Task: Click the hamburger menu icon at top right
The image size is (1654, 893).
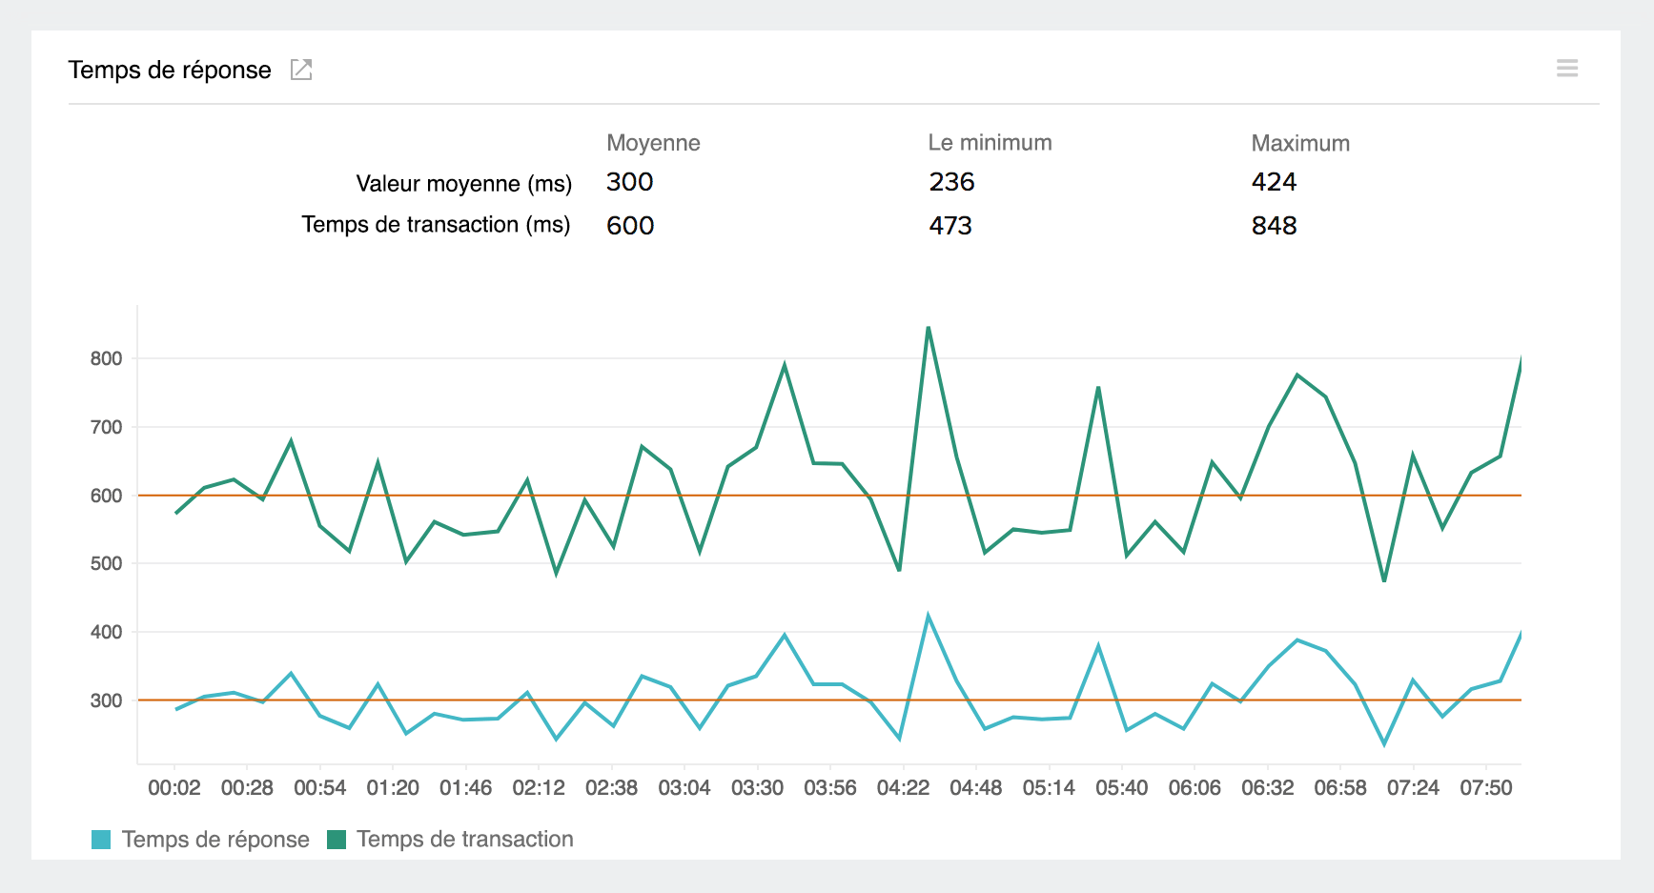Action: click(1567, 69)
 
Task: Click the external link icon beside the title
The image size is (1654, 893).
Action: click(301, 70)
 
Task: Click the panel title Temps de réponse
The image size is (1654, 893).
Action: click(170, 71)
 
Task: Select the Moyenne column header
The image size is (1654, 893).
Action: click(653, 143)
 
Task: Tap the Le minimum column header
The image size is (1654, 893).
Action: click(990, 143)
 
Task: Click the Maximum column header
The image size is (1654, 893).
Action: click(1299, 144)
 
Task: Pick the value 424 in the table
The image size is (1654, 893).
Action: click(1274, 182)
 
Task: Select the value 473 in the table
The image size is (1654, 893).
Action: click(950, 226)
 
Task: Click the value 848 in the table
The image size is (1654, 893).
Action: click(1274, 226)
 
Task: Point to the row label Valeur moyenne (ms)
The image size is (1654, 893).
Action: click(463, 184)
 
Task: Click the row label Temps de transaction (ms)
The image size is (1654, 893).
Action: click(436, 225)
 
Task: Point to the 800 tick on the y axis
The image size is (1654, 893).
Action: click(106, 359)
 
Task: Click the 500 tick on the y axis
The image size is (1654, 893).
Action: click(106, 564)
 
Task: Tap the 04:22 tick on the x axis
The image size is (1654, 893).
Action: click(903, 788)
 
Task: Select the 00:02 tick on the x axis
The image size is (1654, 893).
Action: click(174, 788)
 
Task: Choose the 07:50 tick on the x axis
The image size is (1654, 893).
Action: click(1485, 788)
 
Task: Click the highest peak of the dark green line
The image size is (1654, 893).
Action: click(928, 328)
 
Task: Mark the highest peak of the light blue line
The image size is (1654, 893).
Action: click(928, 616)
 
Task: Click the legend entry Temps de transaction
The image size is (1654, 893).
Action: click(464, 840)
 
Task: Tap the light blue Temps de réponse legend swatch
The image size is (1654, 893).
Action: click(101, 840)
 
